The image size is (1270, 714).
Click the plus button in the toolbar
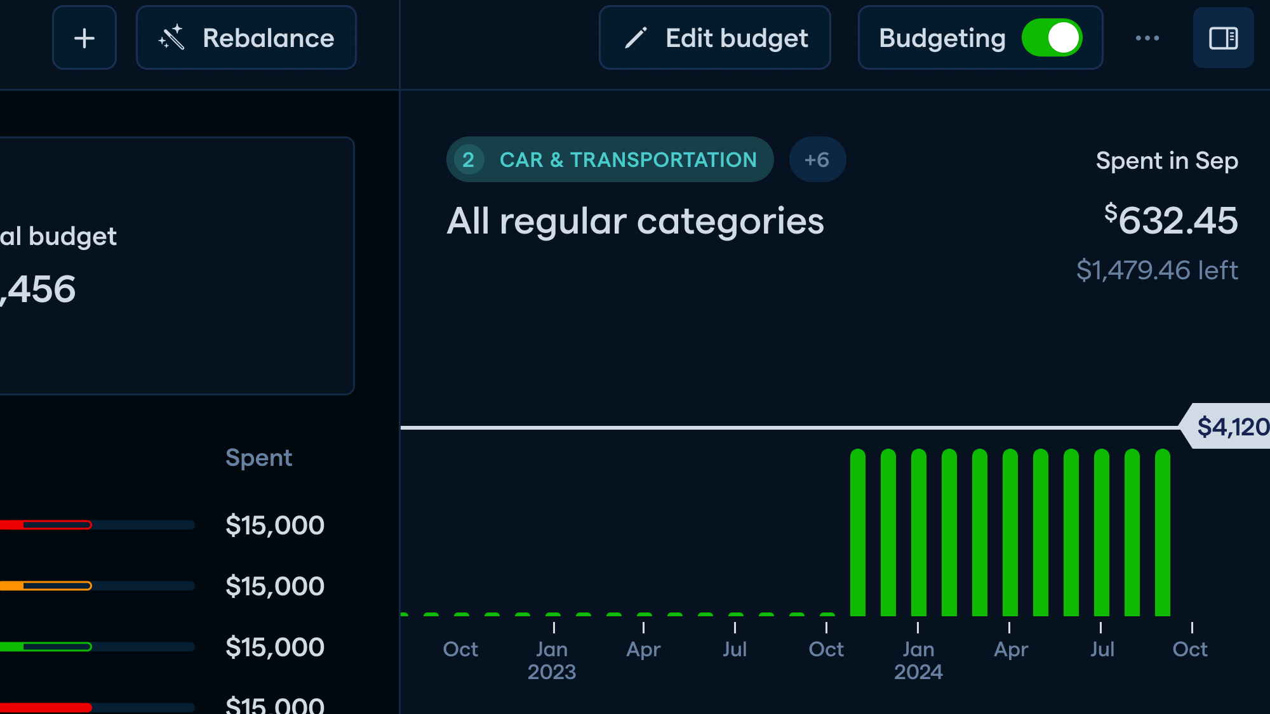[x=84, y=38]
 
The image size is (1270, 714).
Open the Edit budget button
[x=715, y=38]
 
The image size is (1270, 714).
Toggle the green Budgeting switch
[x=1052, y=38]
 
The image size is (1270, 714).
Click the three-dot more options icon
[x=1147, y=38]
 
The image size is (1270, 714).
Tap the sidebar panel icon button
[x=1223, y=38]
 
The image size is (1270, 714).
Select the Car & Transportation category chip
[x=610, y=160]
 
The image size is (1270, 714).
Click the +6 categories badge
[x=817, y=160]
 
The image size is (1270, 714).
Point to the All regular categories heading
[x=635, y=221]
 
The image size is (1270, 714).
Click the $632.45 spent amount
[x=1171, y=221]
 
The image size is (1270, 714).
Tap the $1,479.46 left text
[x=1157, y=270]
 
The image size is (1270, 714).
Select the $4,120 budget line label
[x=1230, y=426]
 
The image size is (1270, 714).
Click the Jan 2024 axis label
[x=918, y=660]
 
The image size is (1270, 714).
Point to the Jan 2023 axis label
[x=552, y=660]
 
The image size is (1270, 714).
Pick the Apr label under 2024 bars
[x=1011, y=649]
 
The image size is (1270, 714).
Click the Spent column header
[x=258, y=458]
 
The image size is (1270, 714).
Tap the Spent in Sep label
[x=1166, y=161]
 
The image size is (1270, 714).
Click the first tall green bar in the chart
[x=858, y=533]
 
